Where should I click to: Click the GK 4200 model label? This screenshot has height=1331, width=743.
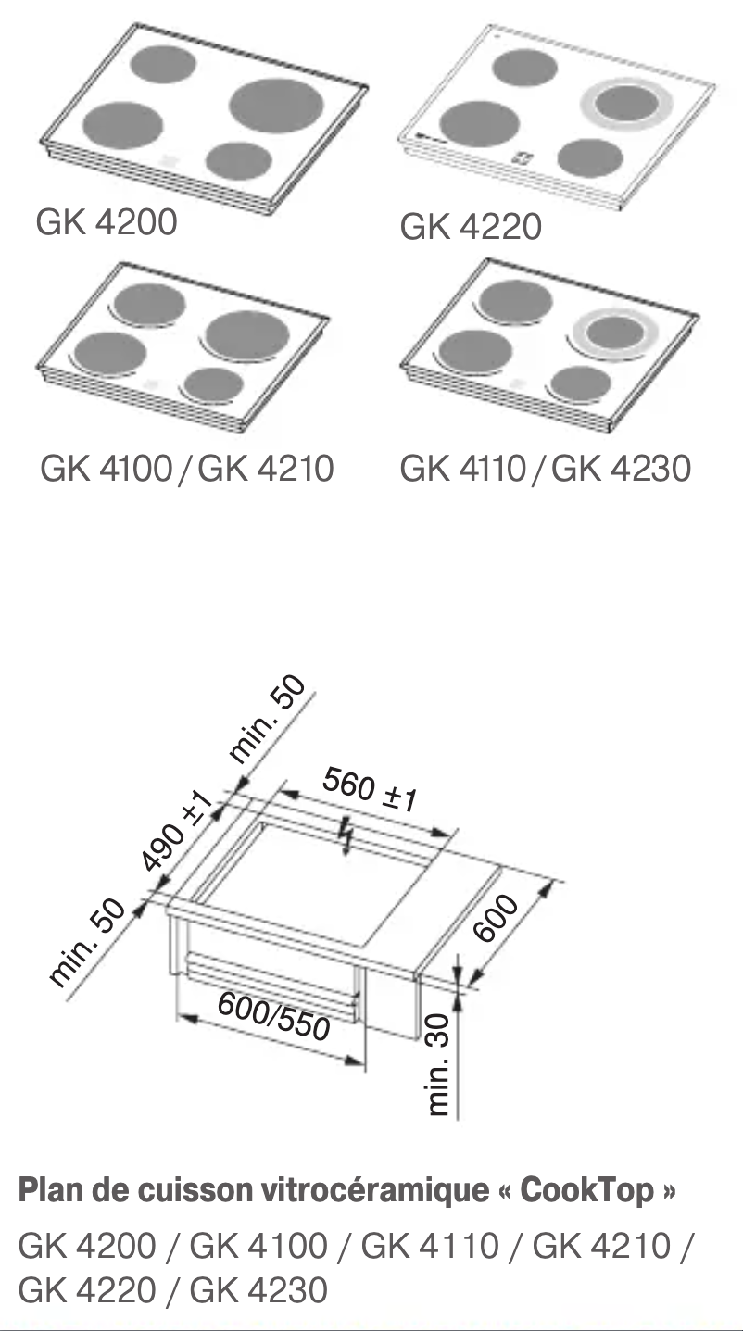[x=106, y=222]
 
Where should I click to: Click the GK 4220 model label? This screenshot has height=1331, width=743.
[x=471, y=227]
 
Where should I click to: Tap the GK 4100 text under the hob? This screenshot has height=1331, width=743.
[x=106, y=468]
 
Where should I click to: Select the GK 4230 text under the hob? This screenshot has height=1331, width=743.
[x=621, y=468]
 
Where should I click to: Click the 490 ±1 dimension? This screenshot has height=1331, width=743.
[x=178, y=832]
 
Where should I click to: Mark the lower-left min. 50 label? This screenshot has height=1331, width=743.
[x=86, y=943]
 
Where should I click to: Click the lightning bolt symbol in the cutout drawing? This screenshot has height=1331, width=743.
[x=347, y=835]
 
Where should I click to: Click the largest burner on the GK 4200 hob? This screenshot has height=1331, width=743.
[x=274, y=105]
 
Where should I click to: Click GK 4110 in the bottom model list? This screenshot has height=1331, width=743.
[x=429, y=1246]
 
